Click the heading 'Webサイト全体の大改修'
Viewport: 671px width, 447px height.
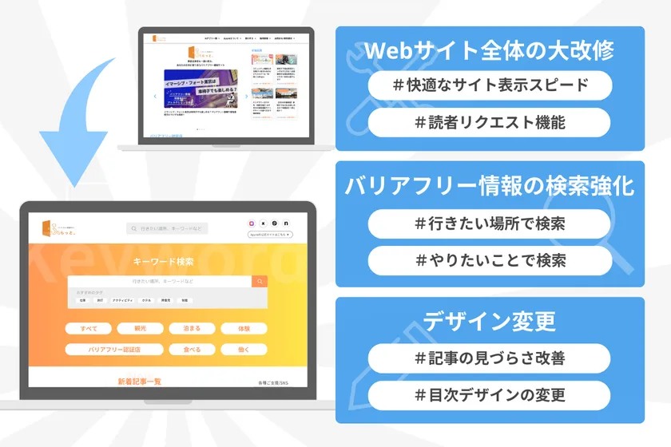tap(490, 51)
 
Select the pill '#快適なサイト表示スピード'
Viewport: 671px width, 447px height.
tap(490, 85)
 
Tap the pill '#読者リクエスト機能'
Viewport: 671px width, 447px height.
tap(490, 122)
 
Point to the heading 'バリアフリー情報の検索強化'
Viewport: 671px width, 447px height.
tap(490, 187)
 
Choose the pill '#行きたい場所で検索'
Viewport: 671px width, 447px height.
tap(490, 223)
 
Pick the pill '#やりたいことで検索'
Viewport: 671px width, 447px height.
tap(490, 260)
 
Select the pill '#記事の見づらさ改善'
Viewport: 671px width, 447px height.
tap(490, 358)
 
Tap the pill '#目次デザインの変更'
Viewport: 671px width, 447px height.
tap(490, 394)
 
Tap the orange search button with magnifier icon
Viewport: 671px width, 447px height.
tap(259, 282)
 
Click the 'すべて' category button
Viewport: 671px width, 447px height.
tap(89, 328)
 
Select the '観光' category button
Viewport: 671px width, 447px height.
tap(140, 328)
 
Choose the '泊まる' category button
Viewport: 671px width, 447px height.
tap(192, 328)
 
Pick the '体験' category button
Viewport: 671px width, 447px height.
tap(243, 328)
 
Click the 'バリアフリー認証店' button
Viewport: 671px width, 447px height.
tap(115, 349)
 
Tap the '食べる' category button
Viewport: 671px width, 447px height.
tap(192, 349)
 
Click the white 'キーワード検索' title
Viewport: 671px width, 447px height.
tap(163, 261)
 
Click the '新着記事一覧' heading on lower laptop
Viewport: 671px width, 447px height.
tap(139, 382)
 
